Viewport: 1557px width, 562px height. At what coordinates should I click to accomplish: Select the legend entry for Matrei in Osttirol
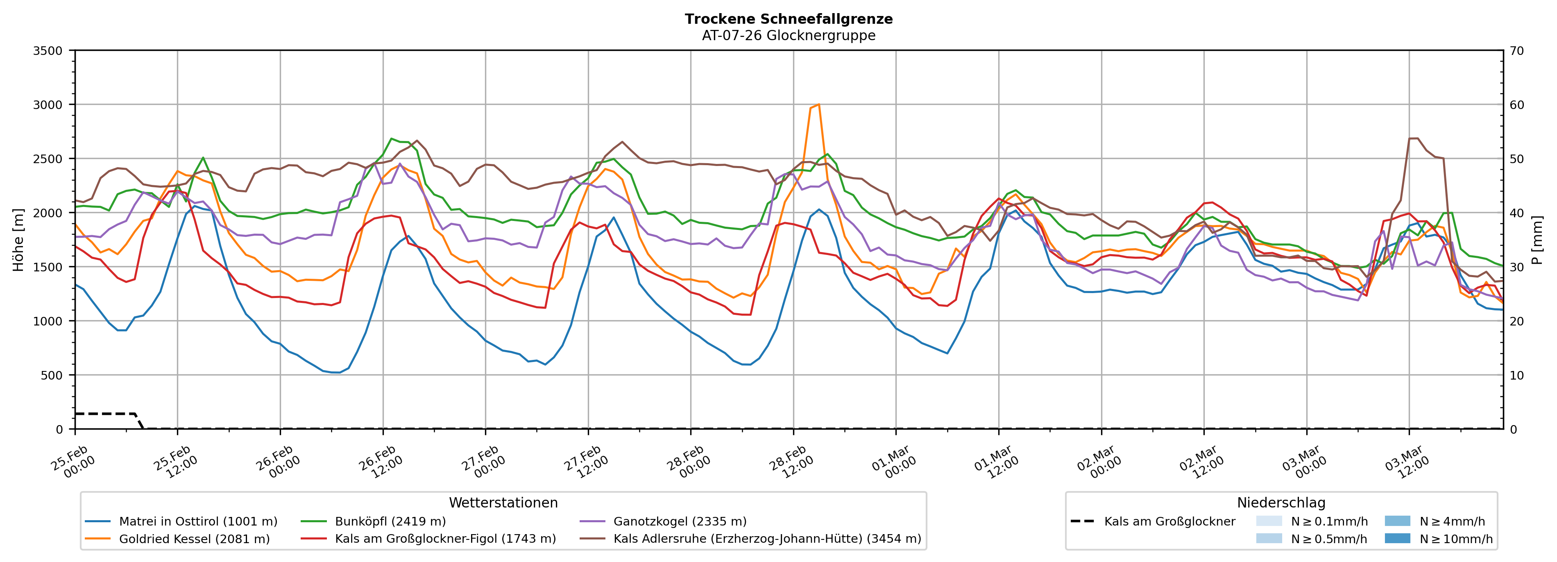coord(198,521)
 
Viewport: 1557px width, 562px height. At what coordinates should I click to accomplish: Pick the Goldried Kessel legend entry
coord(194,539)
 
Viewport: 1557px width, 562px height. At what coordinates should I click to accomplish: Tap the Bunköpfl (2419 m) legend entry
coord(390,521)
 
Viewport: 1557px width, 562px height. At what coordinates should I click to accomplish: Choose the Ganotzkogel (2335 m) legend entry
coord(680,521)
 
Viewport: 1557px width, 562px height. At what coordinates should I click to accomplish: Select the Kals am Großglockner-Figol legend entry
coord(445,539)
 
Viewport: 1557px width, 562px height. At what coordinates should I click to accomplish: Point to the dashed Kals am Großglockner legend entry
coord(1169,521)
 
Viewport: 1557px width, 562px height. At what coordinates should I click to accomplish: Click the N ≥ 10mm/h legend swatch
coord(1397,538)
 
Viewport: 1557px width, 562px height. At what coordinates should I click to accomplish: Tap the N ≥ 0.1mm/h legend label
coord(1329,521)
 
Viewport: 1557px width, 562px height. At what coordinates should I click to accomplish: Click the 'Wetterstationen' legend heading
coord(503,503)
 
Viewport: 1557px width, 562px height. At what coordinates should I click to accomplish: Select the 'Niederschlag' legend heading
coord(1281,503)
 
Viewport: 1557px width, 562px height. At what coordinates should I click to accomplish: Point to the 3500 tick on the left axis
coord(48,51)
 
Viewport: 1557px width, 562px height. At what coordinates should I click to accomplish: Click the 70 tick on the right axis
coord(1516,51)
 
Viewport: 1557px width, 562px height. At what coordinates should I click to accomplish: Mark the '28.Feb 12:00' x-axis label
coord(791,463)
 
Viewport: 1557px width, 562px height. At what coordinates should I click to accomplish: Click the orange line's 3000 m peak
coord(818,105)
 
